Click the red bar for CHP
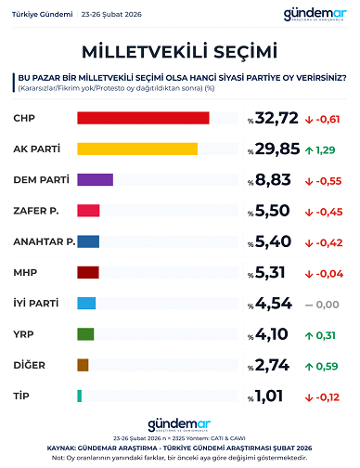coord(143,118)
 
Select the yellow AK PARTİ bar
coord(137,149)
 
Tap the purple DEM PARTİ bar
coord(95,180)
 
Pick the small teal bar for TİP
coord(80,396)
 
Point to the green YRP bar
coord(85,334)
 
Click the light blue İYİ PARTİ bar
coord(86,304)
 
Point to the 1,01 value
coord(273,397)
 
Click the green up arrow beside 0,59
coord(308,365)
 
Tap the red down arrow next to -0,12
coord(308,396)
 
